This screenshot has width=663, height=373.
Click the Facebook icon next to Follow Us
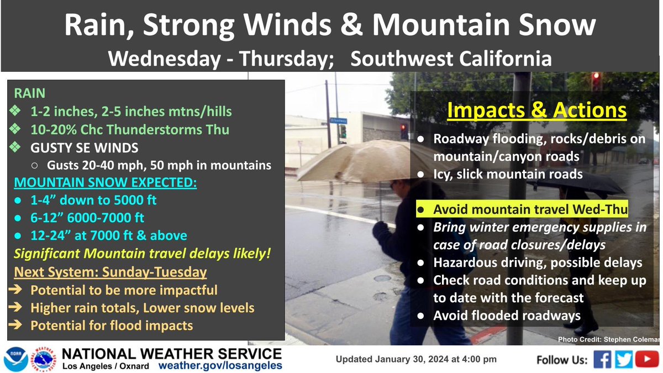pyautogui.click(x=603, y=359)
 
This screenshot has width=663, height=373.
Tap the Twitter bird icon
pyautogui.click(x=624, y=359)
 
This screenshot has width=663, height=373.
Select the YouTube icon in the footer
pyautogui.click(x=646, y=359)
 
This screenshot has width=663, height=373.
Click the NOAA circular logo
pyautogui.click(x=16, y=359)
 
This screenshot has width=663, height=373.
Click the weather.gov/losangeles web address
pyautogui.click(x=220, y=365)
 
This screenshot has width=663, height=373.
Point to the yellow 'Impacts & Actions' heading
pyautogui.click(x=536, y=111)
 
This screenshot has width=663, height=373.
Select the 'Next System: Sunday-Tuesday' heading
pyautogui.click(x=110, y=272)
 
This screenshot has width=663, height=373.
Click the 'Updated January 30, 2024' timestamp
pyautogui.click(x=416, y=359)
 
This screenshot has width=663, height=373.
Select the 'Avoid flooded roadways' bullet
pyautogui.click(x=506, y=316)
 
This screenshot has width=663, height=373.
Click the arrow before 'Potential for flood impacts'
pyautogui.click(x=17, y=325)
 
